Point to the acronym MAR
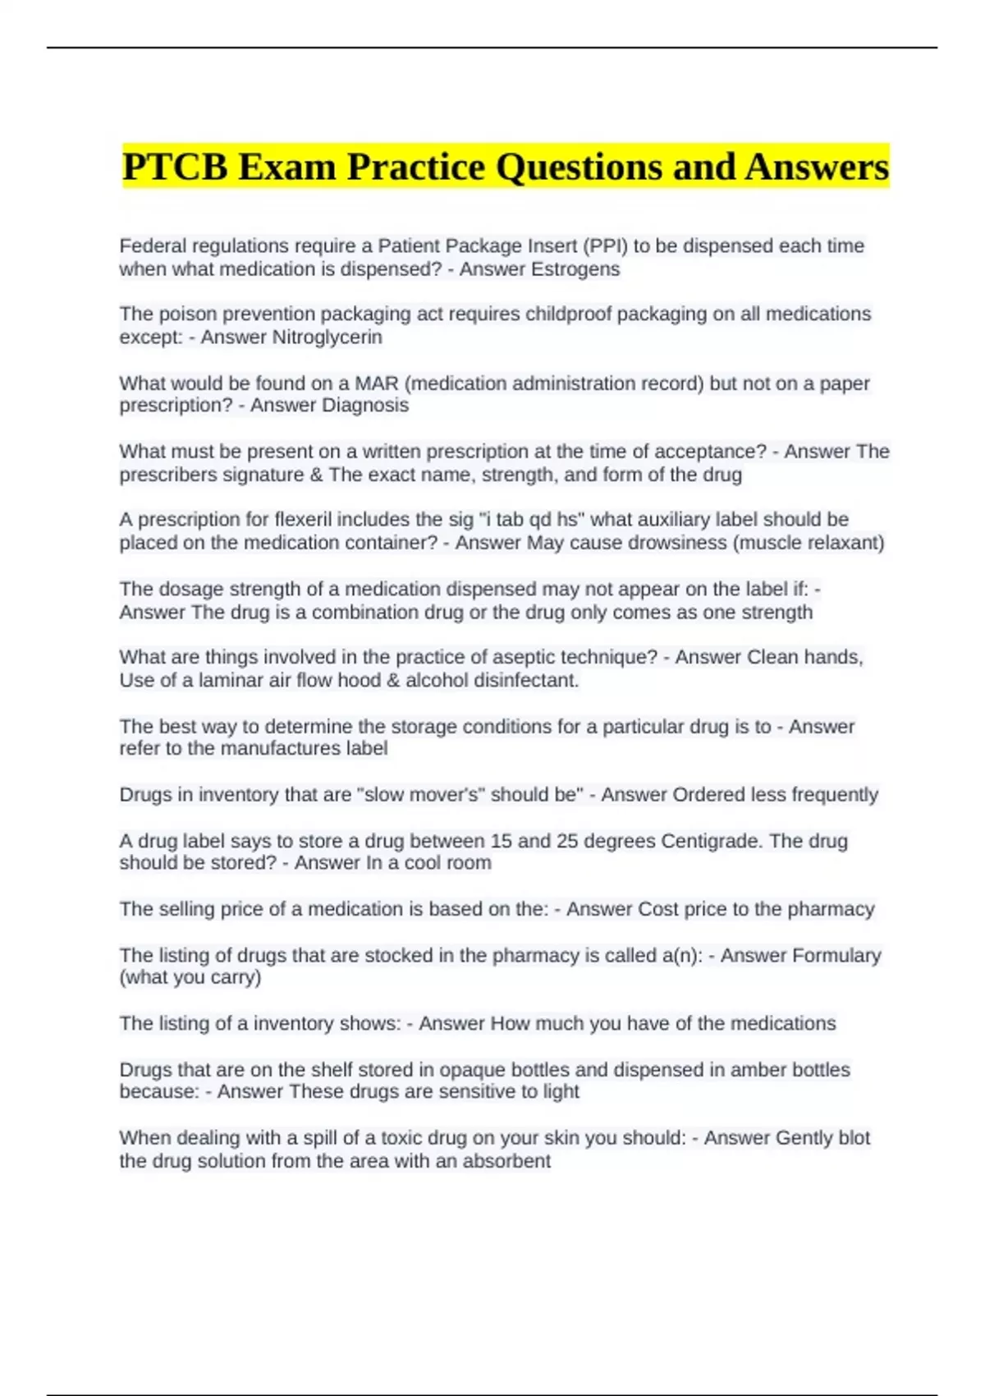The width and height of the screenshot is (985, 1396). point(376,383)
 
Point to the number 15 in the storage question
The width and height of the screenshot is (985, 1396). point(501,841)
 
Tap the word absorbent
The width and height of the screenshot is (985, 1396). point(506,1161)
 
